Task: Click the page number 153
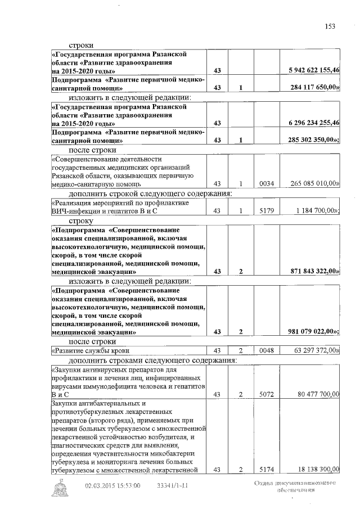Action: coord(330,26)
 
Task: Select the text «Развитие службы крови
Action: coord(84,351)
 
